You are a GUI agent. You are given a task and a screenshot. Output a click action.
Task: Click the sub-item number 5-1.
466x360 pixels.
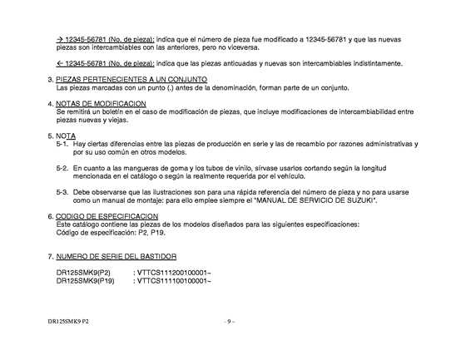tap(62, 144)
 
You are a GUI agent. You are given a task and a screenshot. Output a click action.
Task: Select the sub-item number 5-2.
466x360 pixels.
tap(62, 168)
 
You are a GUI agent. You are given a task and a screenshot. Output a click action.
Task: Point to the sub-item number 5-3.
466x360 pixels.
tap(62, 192)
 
